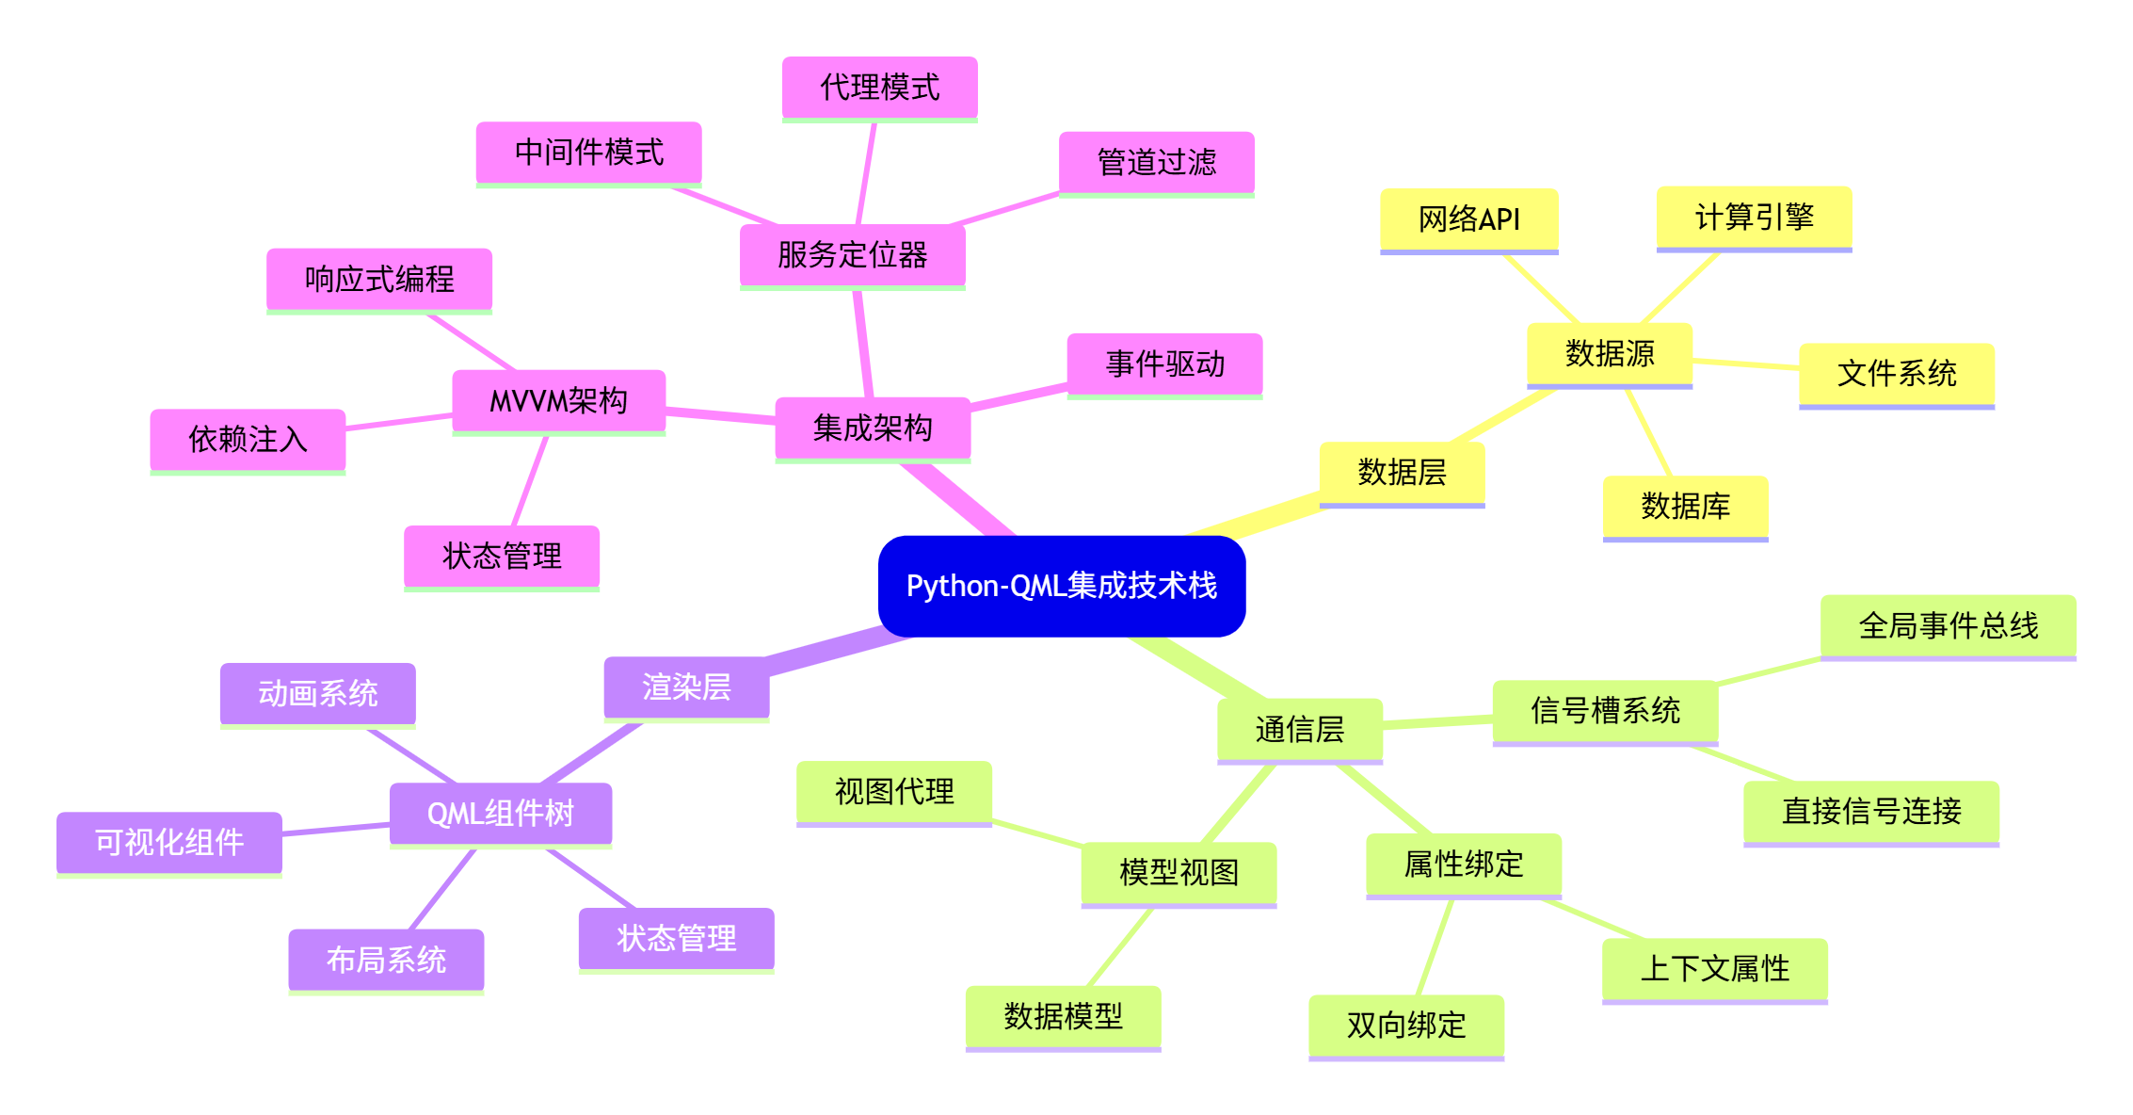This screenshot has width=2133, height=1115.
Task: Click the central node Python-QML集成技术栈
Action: click(x=1061, y=586)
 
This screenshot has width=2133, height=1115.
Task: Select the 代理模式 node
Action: click(x=879, y=88)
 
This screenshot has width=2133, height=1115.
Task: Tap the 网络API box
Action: click(x=1468, y=219)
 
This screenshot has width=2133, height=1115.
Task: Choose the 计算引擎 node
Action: click(x=1754, y=218)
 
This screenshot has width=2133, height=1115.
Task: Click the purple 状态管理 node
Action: click(x=676, y=938)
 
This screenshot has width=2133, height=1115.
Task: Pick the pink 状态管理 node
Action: click(x=501, y=556)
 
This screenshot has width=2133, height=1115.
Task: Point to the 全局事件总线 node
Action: click(x=1948, y=625)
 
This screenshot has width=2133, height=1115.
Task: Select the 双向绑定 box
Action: click(x=1405, y=1025)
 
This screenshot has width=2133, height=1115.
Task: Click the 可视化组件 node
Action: click(x=169, y=842)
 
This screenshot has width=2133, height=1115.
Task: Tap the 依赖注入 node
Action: click(x=248, y=439)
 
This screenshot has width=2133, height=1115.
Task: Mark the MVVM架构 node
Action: click(x=558, y=401)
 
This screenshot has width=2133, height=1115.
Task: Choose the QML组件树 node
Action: click(x=500, y=814)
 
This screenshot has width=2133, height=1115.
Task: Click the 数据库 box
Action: click(x=1685, y=507)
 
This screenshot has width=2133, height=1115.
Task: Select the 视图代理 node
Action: click(x=893, y=792)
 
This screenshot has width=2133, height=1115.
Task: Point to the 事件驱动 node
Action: click(x=1164, y=364)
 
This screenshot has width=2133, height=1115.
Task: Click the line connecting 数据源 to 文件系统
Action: click(x=1746, y=364)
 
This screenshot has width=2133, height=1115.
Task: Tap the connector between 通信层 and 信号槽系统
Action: click(x=1437, y=721)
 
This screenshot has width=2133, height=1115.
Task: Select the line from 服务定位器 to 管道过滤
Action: click(x=1005, y=209)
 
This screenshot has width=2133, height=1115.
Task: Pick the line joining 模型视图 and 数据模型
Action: click(x=1120, y=947)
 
